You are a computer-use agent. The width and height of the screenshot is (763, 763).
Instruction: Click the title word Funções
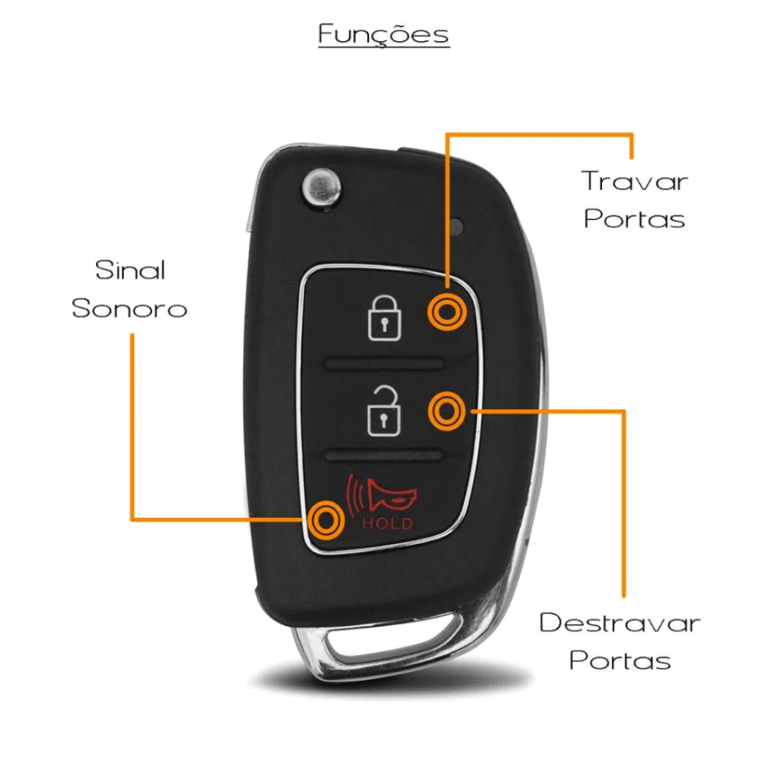coord(384,34)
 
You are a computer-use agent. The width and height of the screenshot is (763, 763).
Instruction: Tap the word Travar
coord(634,181)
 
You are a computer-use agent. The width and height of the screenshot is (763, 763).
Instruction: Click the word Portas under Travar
coord(634,218)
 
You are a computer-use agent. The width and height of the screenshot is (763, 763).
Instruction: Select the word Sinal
coord(130,270)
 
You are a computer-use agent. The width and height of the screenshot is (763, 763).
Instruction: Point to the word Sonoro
coord(130,308)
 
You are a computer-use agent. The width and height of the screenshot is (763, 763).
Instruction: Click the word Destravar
coord(620,622)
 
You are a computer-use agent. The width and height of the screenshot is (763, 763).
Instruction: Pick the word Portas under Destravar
coord(620,660)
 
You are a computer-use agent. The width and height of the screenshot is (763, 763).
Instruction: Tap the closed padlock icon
coord(384,318)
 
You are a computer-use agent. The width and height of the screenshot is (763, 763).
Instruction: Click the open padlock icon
coord(384,411)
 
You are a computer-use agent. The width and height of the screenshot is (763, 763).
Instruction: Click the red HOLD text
coord(387,524)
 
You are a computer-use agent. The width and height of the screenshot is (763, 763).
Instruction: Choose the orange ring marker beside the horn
coord(326,520)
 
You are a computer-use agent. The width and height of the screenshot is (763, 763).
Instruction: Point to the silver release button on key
coord(321,186)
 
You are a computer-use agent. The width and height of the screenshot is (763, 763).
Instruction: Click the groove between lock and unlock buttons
coord(385,364)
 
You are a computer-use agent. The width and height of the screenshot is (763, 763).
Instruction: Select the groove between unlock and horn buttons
coord(385,455)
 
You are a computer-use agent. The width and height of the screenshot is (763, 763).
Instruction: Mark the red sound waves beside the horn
coord(355,495)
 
